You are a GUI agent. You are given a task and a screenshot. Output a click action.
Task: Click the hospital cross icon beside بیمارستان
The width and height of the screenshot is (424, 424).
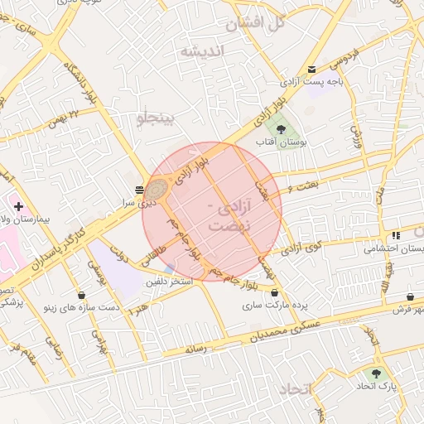(x=19, y=205)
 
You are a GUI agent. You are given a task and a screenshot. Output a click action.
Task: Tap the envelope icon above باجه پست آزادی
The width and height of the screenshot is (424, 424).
(x=311, y=69)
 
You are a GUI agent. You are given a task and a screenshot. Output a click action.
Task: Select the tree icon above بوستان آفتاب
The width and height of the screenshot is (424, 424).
(x=280, y=129)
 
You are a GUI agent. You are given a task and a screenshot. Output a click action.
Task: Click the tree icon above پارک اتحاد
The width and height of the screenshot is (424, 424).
(x=378, y=373)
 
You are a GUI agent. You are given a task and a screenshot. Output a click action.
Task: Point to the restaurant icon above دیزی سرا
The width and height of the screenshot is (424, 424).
(x=138, y=190)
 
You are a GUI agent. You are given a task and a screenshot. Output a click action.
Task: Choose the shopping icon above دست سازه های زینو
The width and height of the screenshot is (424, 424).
(x=81, y=295)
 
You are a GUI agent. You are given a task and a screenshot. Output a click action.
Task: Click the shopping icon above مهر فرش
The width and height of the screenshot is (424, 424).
(x=411, y=296)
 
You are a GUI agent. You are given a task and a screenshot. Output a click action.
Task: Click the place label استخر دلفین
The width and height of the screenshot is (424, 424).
(x=169, y=283)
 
